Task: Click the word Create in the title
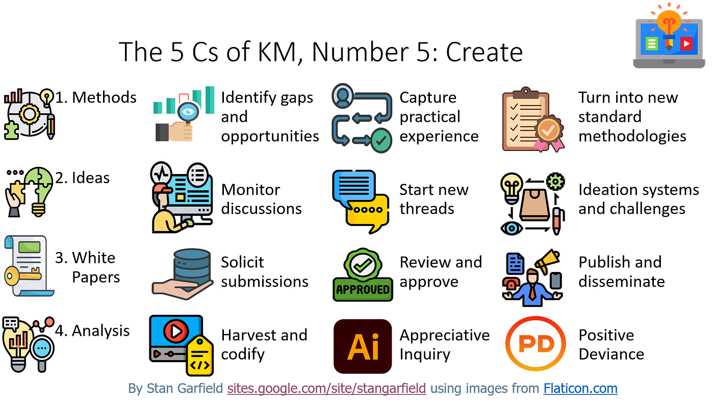tap(484, 52)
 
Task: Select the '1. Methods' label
tap(96, 97)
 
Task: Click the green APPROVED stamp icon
tap(363, 275)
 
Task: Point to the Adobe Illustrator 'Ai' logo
tap(363, 346)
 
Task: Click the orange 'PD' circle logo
tap(536, 344)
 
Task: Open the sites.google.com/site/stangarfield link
tap(326, 388)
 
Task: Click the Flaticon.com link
tap(580, 388)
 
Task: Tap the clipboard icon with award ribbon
tap(533, 119)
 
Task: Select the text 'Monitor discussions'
tap(261, 199)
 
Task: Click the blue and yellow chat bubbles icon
tap(361, 202)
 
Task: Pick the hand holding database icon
tap(183, 274)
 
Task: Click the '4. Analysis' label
tap(92, 331)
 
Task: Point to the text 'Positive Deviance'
tap(611, 345)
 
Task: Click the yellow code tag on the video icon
tap(199, 356)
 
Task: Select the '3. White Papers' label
tap(87, 267)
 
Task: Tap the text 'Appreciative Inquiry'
tap(445, 345)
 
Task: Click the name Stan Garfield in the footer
tap(185, 388)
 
